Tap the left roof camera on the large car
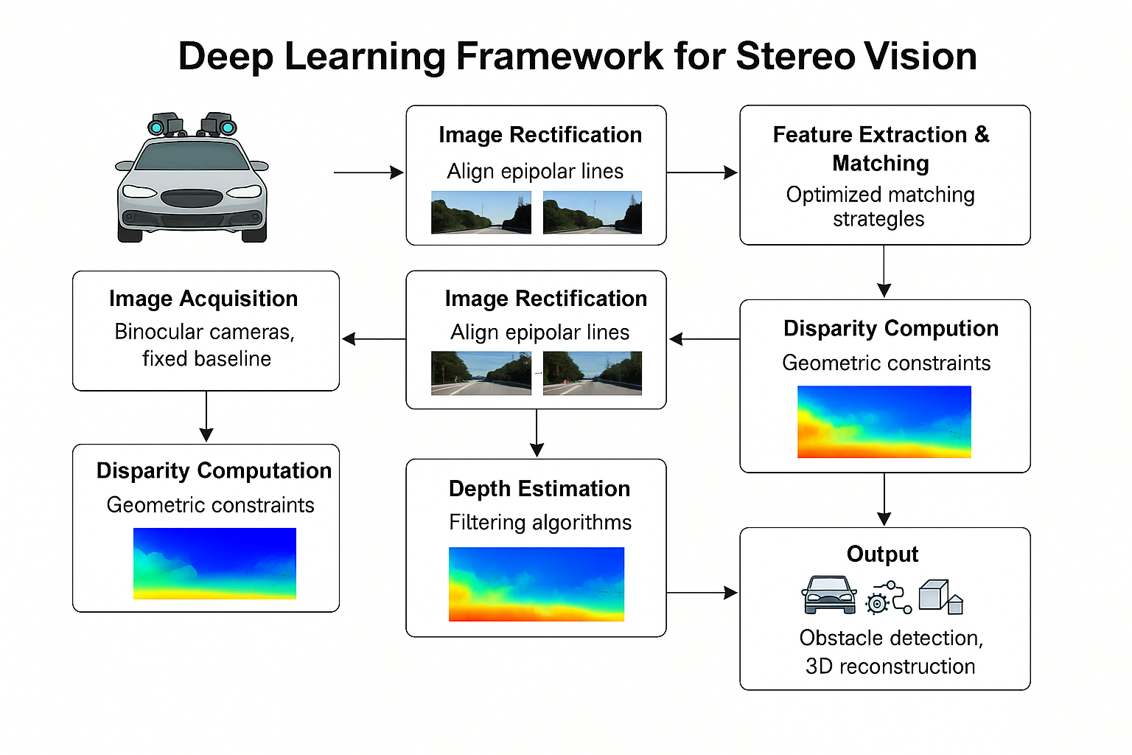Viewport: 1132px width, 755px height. (x=165, y=125)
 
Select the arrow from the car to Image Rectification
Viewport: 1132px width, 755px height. (x=368, y=173)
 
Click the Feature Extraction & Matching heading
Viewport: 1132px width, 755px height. (x=881, y=148)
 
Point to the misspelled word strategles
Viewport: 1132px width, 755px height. (x=878, y=219)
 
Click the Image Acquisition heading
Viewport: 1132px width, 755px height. (x=203, y=299)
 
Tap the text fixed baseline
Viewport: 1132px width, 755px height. (x=206, y=358)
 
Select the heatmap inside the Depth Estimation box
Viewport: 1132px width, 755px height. (x=537, y=584)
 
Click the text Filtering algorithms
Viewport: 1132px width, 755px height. (x=540, y=523)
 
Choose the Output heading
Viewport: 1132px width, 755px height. (x=882, y=554)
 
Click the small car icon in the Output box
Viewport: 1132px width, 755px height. (x=829, y=595)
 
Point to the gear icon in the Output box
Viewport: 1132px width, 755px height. (x=877, y=602)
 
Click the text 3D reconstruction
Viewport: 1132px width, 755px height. (x=890, y=667)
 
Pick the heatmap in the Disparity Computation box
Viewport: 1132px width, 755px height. (x=214, y=563)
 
